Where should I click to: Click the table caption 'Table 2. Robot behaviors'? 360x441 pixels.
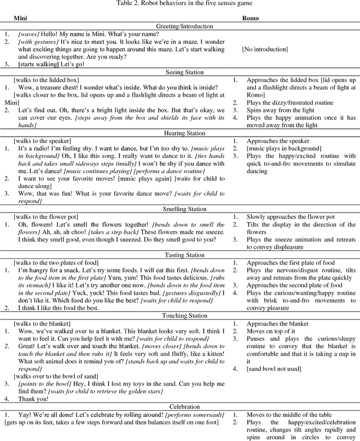(x=179, y=4)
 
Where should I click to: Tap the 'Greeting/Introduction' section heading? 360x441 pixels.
(x=180, y=26)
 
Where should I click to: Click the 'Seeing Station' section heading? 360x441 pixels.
(x=180, y=72)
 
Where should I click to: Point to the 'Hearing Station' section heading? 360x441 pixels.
(x=180, y=133)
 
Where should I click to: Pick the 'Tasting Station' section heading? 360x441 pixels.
(x=180, y=255)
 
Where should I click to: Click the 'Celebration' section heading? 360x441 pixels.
(x=180, y=406)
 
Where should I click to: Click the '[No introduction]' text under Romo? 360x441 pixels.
(x=266, y=49)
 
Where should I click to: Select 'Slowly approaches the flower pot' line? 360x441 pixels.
(x=290, y=217)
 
